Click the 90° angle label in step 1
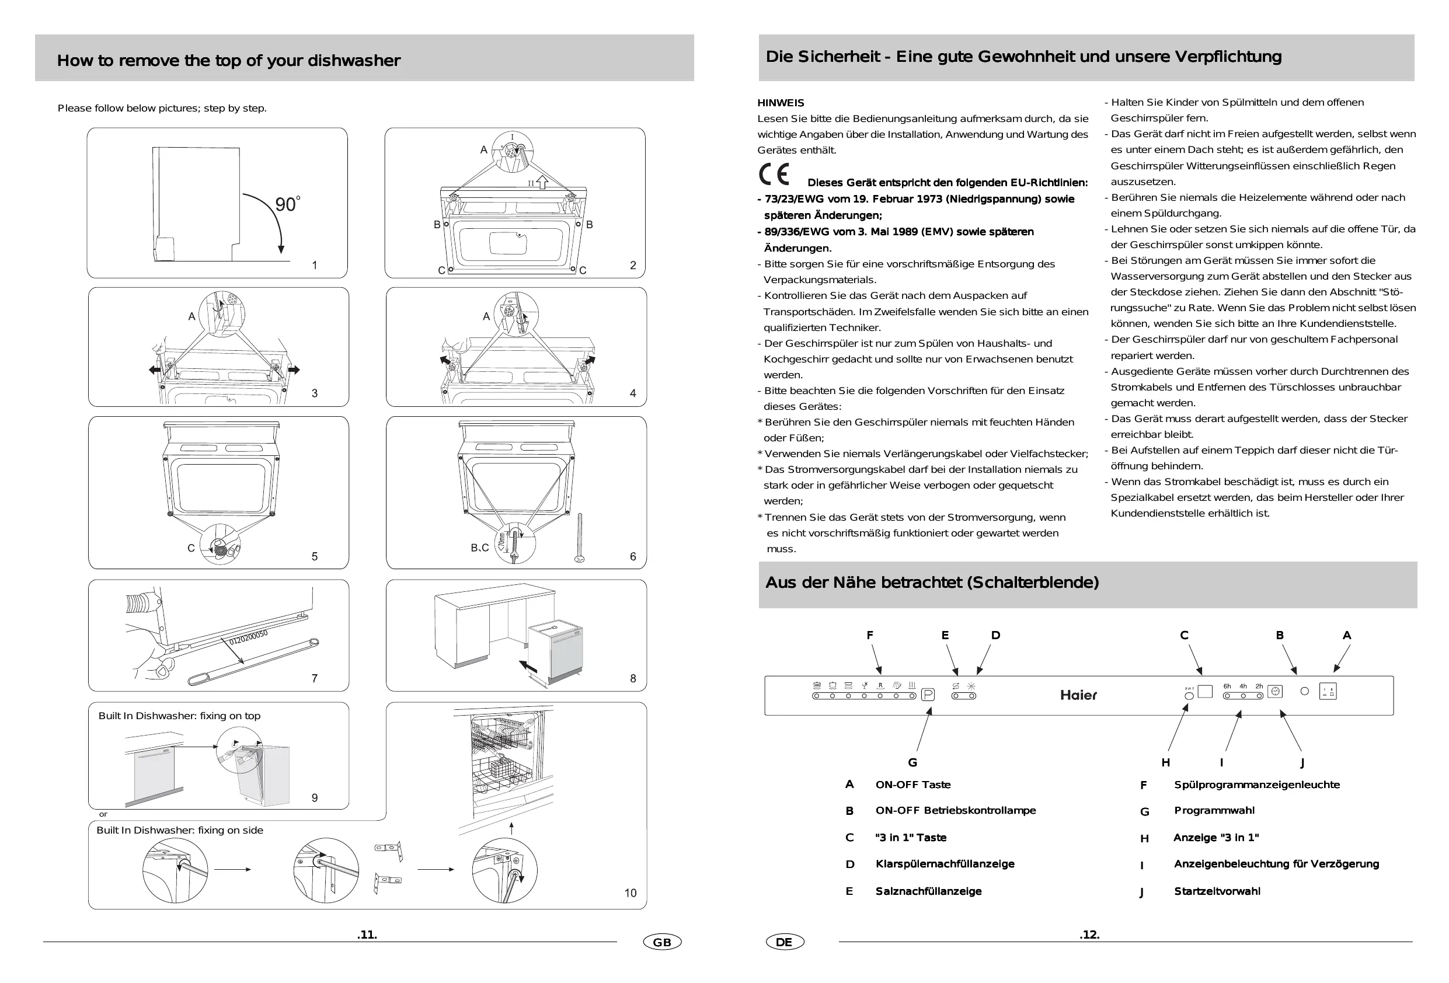coord(287,204)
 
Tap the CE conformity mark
coord(774,175)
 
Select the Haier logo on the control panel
coord(1078,695)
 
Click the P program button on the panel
coord(928,695)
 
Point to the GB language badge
coord(662,942)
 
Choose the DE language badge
coord(785,942)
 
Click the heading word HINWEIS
coord(781,103)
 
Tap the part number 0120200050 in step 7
coord(248,637)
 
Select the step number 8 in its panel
coord(633,678)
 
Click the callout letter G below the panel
coord(912,762)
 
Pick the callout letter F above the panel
coord(870,635)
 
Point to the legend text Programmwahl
coord(1214,810)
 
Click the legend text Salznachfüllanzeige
coord(928,891)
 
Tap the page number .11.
coord(367,935)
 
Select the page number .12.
coord(1089,935)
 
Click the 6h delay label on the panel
coord(1227,686)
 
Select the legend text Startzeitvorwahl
coord(1217,891)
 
